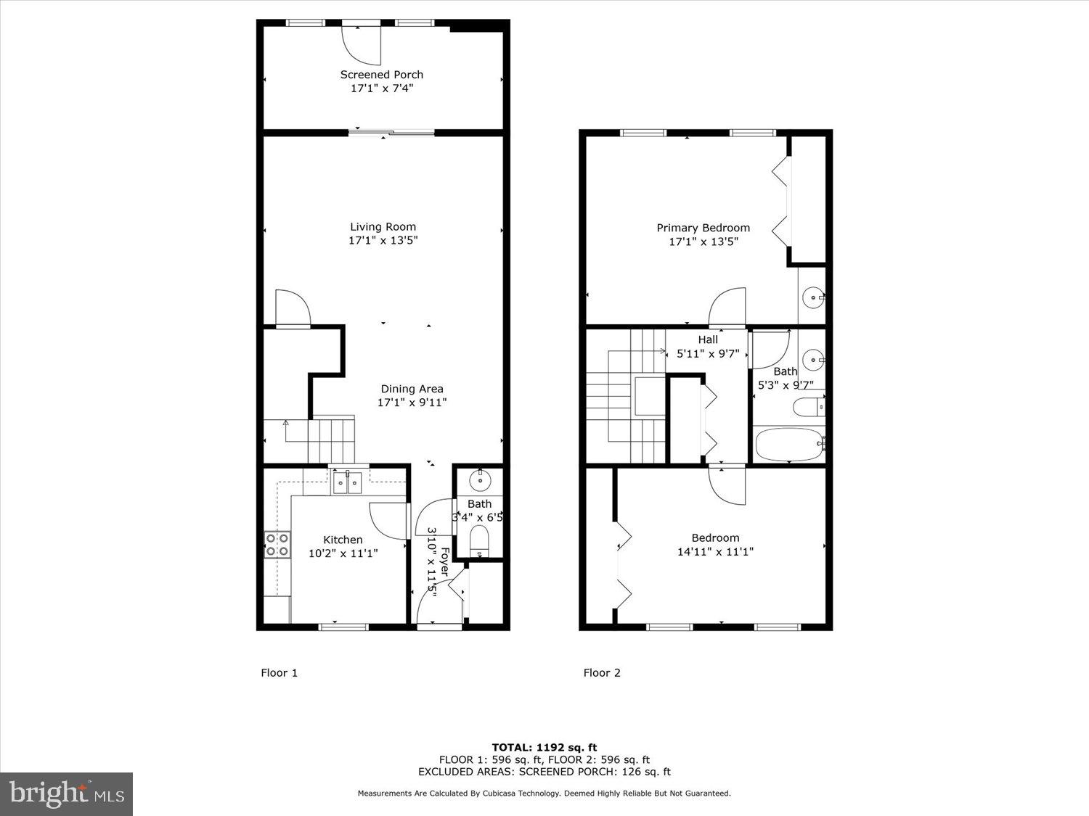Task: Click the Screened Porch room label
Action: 382,74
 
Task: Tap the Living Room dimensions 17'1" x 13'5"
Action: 383,240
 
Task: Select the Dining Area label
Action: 412,389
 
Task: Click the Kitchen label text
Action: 343,540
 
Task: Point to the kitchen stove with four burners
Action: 277,544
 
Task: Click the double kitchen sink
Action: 347,482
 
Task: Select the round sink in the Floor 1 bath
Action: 480,479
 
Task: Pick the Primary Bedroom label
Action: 703,228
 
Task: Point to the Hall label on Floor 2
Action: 708,339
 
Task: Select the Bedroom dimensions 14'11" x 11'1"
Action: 715,551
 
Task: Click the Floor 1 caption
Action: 280,672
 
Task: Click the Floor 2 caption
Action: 602,672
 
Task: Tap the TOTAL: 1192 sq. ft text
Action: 544,747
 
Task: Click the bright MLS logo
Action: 66,794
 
